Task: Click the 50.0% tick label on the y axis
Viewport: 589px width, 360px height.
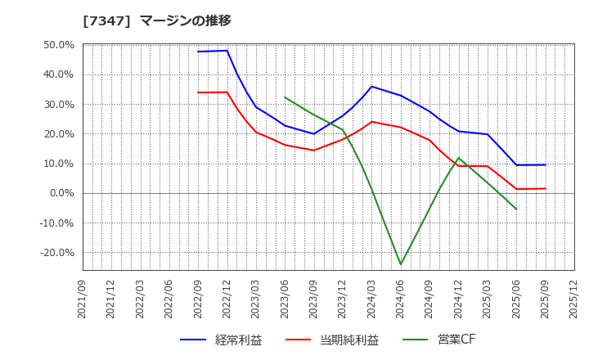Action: pyautogui.click(x=59, y=45)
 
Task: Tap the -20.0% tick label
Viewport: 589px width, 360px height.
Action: pyautogui.click(x=56, y=253)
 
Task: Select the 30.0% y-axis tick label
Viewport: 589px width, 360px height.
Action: pyautogui.click(x=59, y=104)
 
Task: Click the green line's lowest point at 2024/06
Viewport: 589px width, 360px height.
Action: pyautogui.click(x=401, y=264)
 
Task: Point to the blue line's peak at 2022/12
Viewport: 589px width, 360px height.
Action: pyautogui.click(x=227, y=51)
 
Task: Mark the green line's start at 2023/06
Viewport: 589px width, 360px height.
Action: pyautogui.click(x=285, y=97)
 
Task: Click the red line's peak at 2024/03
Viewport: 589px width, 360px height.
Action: pyautogui.click(x=371, y=122)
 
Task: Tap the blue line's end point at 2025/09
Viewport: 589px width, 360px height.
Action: pyautogui.click(x=545, y=164)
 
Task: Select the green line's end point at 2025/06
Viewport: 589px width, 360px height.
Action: pyautogui.click(x=516, y=209)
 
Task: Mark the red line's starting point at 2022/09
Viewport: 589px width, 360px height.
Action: pyautogui.click(x=198, y=92)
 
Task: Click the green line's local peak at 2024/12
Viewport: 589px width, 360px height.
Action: pyautogui.click(x=458, y=158)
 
